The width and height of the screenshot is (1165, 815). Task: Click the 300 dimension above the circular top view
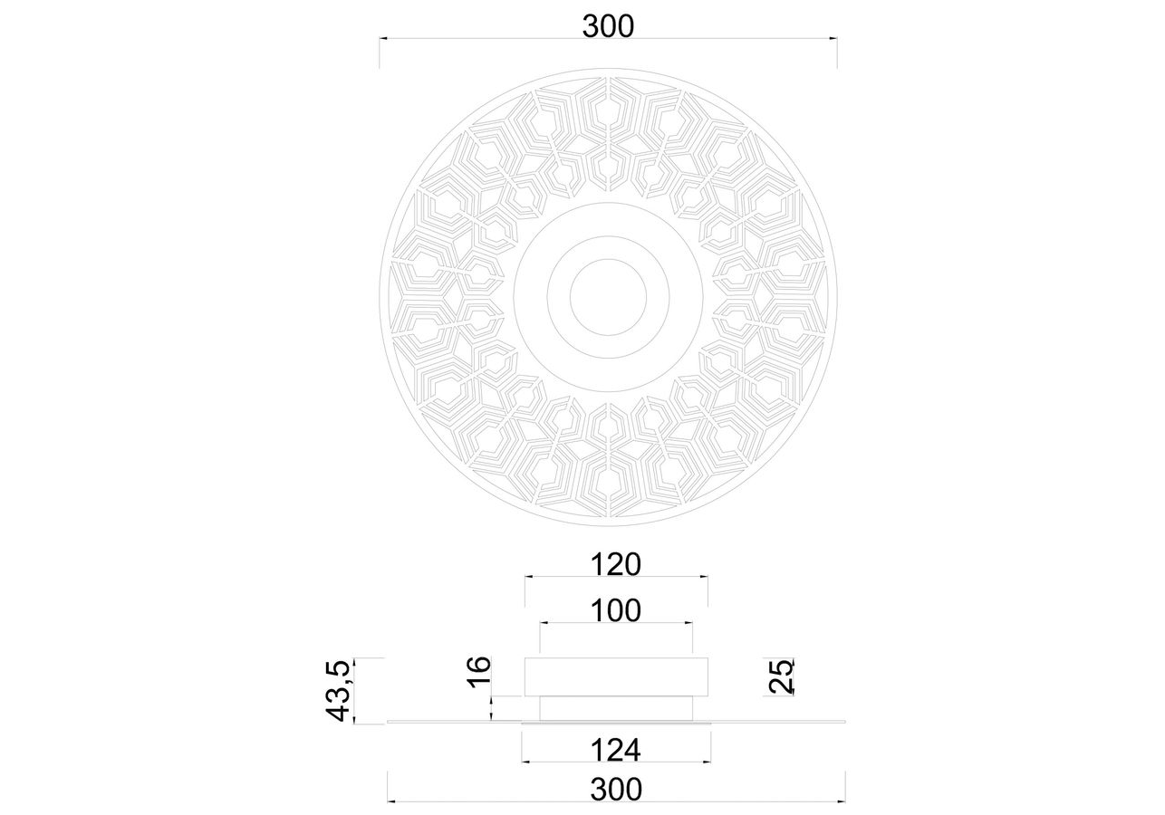click(x=608, y=26)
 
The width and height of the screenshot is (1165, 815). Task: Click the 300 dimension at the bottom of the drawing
click(x=616, y=789)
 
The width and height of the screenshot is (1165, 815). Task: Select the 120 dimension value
click(x=616, y=564)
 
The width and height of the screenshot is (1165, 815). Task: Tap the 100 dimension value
click(x=616, y=610)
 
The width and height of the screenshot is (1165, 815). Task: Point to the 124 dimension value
click(x=616, y=750)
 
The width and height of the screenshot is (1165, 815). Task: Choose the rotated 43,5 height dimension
click(x=339, y=691)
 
